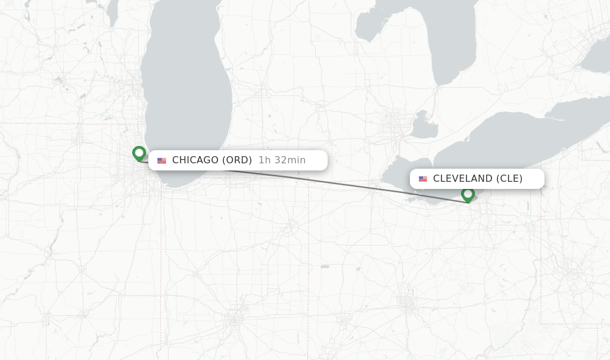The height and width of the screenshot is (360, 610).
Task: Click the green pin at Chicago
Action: click(139, 153)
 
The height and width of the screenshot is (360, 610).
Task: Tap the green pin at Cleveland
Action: click(468, 194)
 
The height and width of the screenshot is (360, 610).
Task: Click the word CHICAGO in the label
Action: click(195, 160)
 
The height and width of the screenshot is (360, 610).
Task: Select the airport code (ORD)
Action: click(237, 160)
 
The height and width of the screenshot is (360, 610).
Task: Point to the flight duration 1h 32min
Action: click(282, 160)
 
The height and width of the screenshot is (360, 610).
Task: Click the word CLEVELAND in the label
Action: click(463, 178)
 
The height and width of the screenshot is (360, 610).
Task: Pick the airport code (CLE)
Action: click(509, 178)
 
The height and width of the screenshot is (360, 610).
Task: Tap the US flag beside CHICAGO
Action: click(161, 160)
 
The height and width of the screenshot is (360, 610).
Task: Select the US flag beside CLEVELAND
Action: click(423, 179)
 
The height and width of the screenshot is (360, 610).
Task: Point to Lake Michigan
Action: click(191, 89)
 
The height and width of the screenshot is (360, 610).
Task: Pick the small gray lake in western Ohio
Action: click(324, 266)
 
